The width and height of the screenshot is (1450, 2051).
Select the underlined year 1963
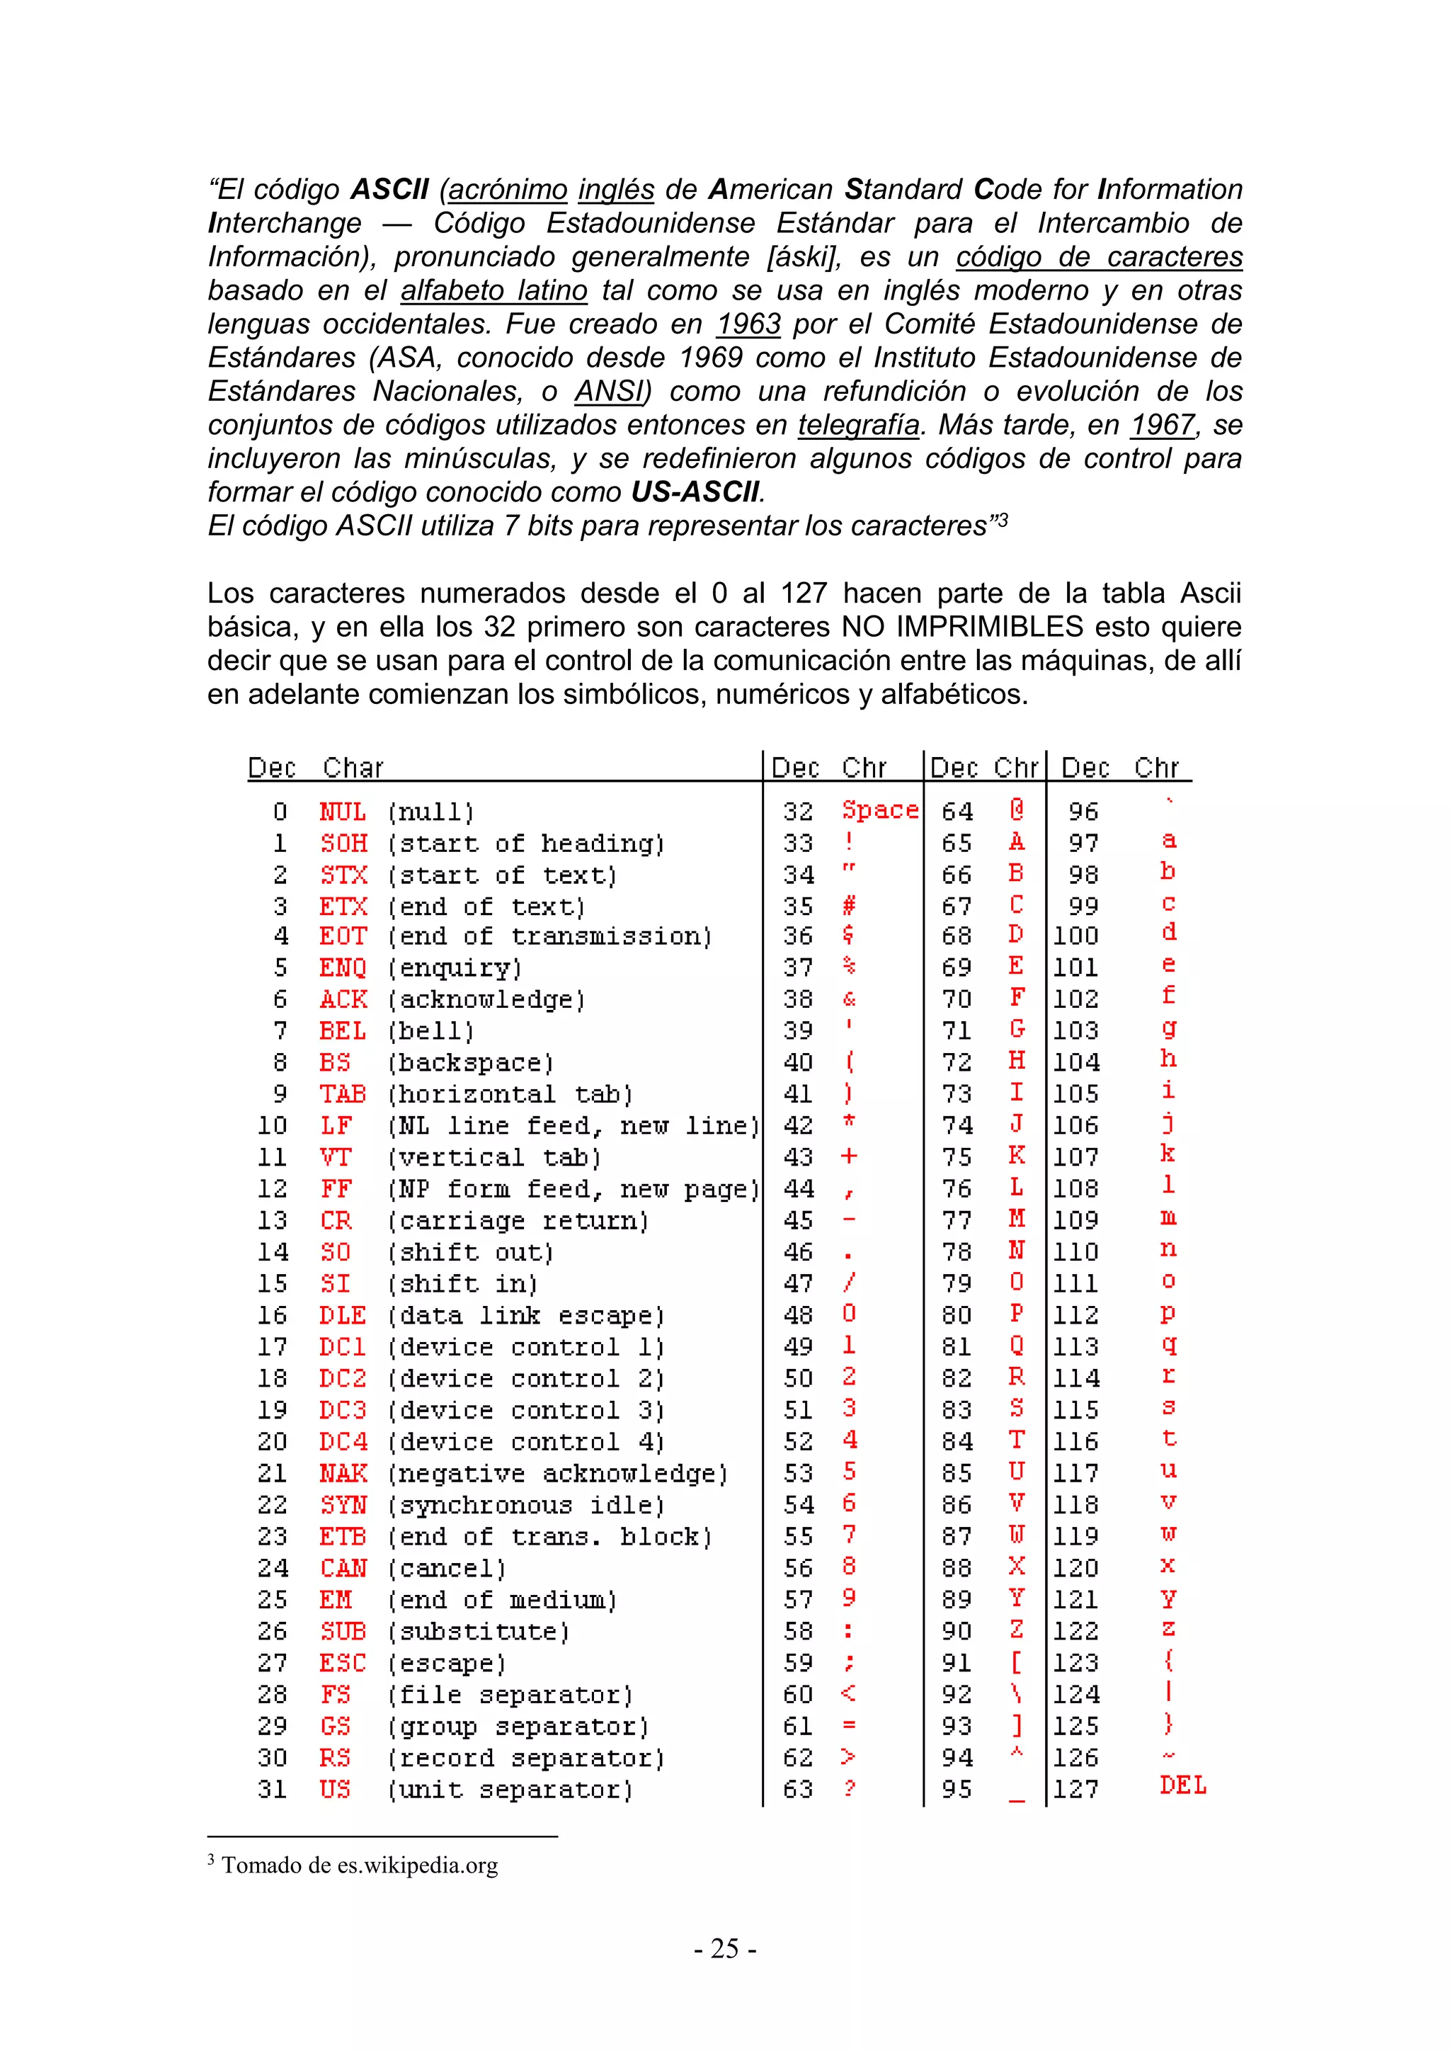(748, 324)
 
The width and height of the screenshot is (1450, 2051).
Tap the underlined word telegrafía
(858, 425)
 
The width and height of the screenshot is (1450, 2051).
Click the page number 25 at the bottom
(725, 1948)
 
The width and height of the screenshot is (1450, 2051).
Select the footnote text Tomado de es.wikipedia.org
(360, 1865)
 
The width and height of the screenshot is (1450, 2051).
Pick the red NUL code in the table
(343, 812)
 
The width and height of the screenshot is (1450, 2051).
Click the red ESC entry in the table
(343, 1664)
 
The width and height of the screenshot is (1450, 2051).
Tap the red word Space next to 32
(879, 810)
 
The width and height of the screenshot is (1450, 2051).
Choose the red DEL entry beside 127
(1183, 1785)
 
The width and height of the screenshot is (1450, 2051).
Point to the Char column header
(353, 768)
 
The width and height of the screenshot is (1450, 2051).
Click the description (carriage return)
(518, 1221)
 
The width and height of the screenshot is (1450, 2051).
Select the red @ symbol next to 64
(1016, 810)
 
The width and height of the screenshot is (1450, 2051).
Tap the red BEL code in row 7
(343, 1032)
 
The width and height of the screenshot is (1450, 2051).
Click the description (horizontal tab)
(510, 1094)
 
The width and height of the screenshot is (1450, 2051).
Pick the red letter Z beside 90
(1016, 1630)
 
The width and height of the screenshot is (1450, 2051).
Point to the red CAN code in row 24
(343, 1569)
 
